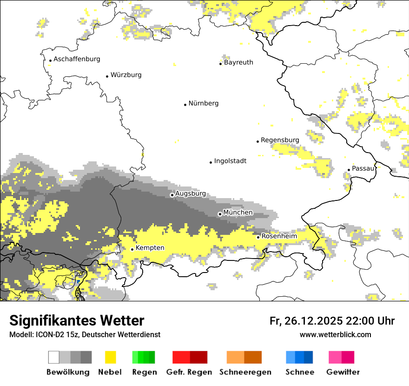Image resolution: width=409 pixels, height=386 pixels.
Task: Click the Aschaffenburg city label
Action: pos(77,59)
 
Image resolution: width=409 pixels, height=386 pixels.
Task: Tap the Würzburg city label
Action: pos(126,75)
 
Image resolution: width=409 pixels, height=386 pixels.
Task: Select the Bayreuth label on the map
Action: pos(238,62)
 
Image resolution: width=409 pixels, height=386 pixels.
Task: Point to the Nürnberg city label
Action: pos(203,103)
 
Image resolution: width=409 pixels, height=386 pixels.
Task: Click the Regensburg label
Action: pos(280,140)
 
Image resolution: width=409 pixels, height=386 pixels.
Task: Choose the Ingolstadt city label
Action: pos(230,161)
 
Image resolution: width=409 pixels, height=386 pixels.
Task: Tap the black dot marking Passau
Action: pos(349,170)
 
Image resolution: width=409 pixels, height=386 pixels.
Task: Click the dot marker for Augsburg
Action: pos(172,195)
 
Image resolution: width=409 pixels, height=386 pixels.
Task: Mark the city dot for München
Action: pos(220,214)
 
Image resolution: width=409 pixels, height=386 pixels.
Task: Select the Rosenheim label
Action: pos(279,236)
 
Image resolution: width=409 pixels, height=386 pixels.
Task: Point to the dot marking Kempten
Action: pos(132,249)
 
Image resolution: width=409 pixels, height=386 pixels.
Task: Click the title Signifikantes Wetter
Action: pos(77,321)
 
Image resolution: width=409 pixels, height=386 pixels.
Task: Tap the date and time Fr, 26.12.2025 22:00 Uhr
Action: pos(332,321)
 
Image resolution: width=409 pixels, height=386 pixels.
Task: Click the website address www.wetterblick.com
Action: pos(335,334)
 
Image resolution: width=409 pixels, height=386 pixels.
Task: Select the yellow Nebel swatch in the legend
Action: pos(110,357)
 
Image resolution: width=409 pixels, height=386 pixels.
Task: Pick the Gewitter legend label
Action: pos(343,372)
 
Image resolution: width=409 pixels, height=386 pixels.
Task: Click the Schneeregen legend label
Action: pos(245,372)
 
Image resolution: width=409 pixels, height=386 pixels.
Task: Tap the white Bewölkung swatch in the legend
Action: pos(53,357)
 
